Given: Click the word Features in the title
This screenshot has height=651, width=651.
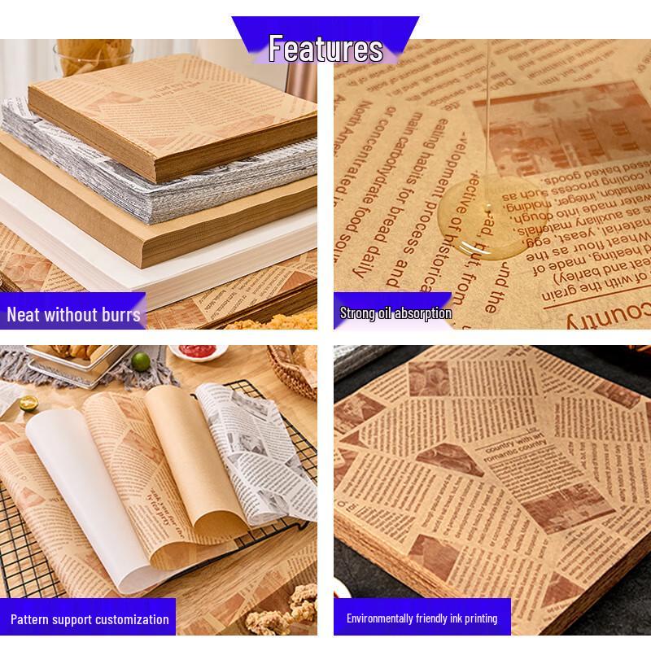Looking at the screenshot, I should (x=325, y=49).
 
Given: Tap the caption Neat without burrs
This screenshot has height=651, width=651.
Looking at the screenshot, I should (x=73, y=315).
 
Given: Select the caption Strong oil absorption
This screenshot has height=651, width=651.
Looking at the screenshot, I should (x=395, y=312).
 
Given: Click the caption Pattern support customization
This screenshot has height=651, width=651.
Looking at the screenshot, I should (x=90, y=619).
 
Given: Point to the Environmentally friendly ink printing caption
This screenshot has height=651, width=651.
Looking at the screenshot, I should (x=422, y=618).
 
